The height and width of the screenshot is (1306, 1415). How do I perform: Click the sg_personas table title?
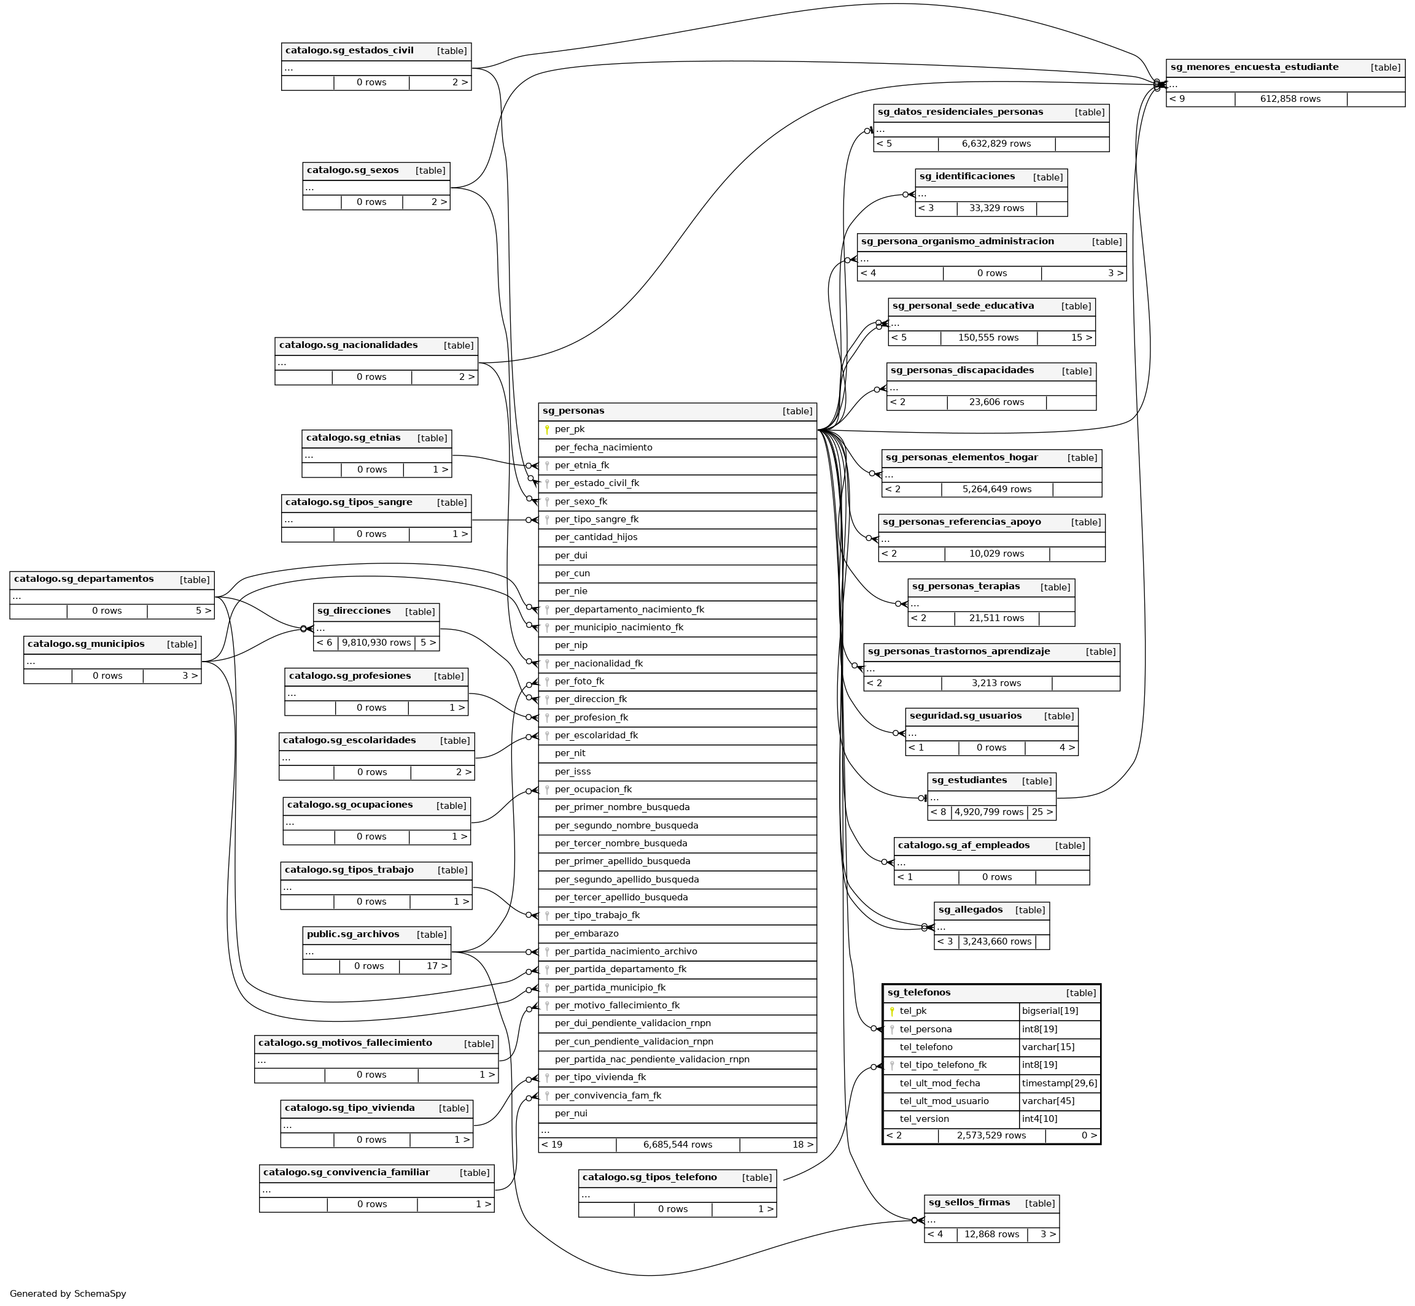tap(573, 411)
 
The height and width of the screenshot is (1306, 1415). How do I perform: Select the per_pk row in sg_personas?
tap(570, 429)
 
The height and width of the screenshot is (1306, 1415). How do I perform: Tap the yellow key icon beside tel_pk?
tap(892, 1011)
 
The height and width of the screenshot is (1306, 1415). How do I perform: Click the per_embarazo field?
tap(587, 933)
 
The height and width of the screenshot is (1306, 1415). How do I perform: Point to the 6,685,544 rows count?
tap(677, 1144)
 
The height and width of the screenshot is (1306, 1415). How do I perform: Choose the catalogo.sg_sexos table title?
tap(353, 171)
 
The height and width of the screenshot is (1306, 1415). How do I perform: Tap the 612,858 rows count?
tap(1290, 99)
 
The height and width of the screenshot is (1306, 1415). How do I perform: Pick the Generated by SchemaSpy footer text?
tap(68, 1293)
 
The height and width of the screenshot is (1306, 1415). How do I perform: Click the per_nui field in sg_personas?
tap(571, 1113)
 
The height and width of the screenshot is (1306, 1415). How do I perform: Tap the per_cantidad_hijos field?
tap(596, 537)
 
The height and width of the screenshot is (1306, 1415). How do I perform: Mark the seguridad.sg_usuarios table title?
tap(966, 716)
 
